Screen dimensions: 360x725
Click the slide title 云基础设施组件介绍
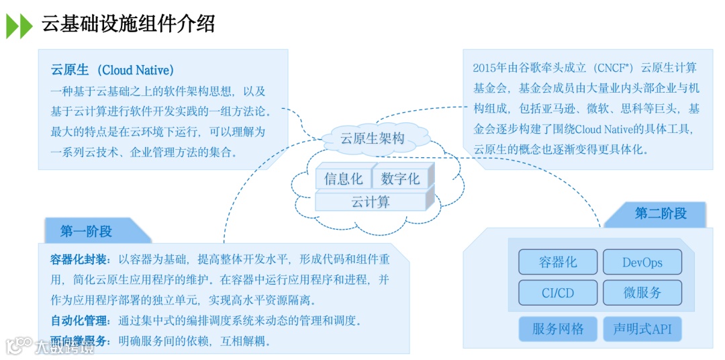(x=128, y=24)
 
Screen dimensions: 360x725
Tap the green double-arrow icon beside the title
(x=19, y=26)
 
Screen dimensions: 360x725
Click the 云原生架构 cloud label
(x=373, y=139)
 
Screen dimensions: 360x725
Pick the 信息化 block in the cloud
(x=343, y=179)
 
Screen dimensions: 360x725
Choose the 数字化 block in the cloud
(x=400, y=179)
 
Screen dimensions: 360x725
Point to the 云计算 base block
(x=371, y=201)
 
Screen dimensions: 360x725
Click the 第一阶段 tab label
(x=86, y=232)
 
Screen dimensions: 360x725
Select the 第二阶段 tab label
(x=661, y=214)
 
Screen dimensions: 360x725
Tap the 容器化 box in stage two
(x=557, y=263)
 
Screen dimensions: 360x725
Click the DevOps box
(x=642, y=263)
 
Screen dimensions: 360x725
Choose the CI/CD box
(x=557, y=293)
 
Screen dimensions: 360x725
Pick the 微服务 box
(x=642, y=293)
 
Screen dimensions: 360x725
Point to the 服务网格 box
(x=557, y=329)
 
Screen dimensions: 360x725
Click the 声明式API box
(x=642, y=329)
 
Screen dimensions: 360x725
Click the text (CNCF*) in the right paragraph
(x=612, y=68)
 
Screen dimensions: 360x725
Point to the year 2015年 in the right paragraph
(x=490, y=68)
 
